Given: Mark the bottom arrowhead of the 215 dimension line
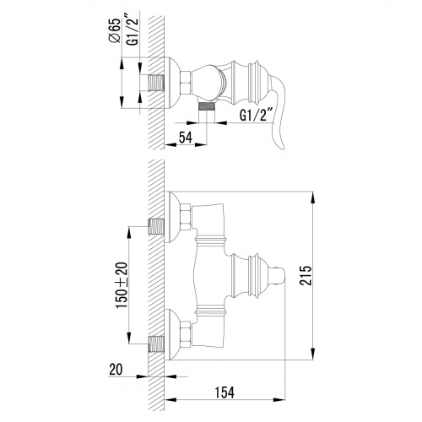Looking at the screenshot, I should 314,354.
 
